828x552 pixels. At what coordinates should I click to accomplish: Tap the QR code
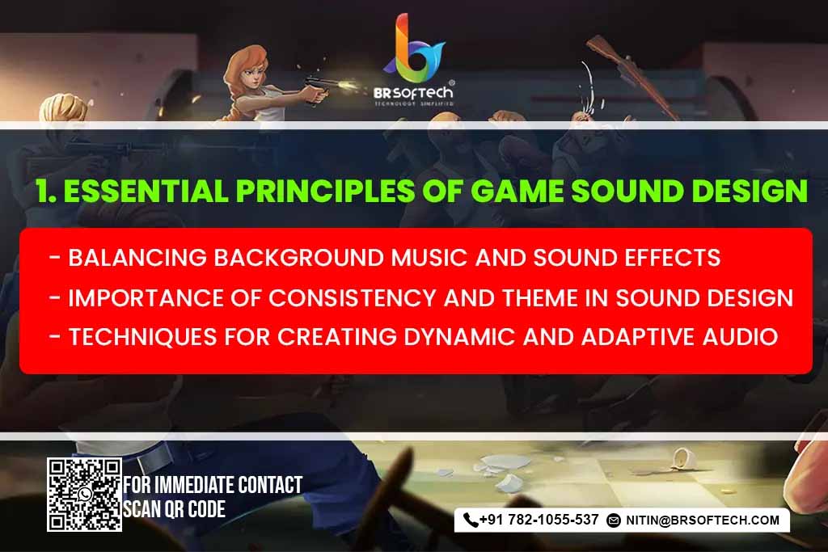point(84,494)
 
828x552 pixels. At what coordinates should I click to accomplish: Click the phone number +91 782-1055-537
point(539,520)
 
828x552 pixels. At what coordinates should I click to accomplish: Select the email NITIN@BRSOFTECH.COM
point(702,520)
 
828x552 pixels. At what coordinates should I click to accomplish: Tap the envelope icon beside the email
point(614,520)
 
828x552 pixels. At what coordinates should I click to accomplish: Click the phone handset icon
point(471,520)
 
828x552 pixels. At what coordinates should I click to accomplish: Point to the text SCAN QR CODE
point(174,509)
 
